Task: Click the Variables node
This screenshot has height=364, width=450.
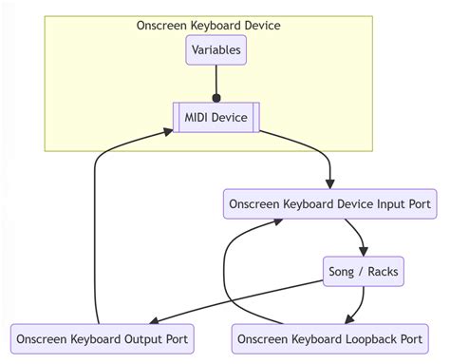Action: click(216, 49)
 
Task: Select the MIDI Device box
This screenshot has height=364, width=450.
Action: click(216, 117)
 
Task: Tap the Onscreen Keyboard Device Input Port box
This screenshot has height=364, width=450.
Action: click(329, 203)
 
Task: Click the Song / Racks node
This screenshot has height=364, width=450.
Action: click(364, 272)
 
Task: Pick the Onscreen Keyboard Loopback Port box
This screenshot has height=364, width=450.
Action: click(329, 338)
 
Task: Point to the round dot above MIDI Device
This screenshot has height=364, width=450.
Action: click(216, 98)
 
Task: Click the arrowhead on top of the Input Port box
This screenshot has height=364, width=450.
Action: click(329, 184)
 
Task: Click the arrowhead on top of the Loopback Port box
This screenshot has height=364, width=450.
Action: click(350, 319)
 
